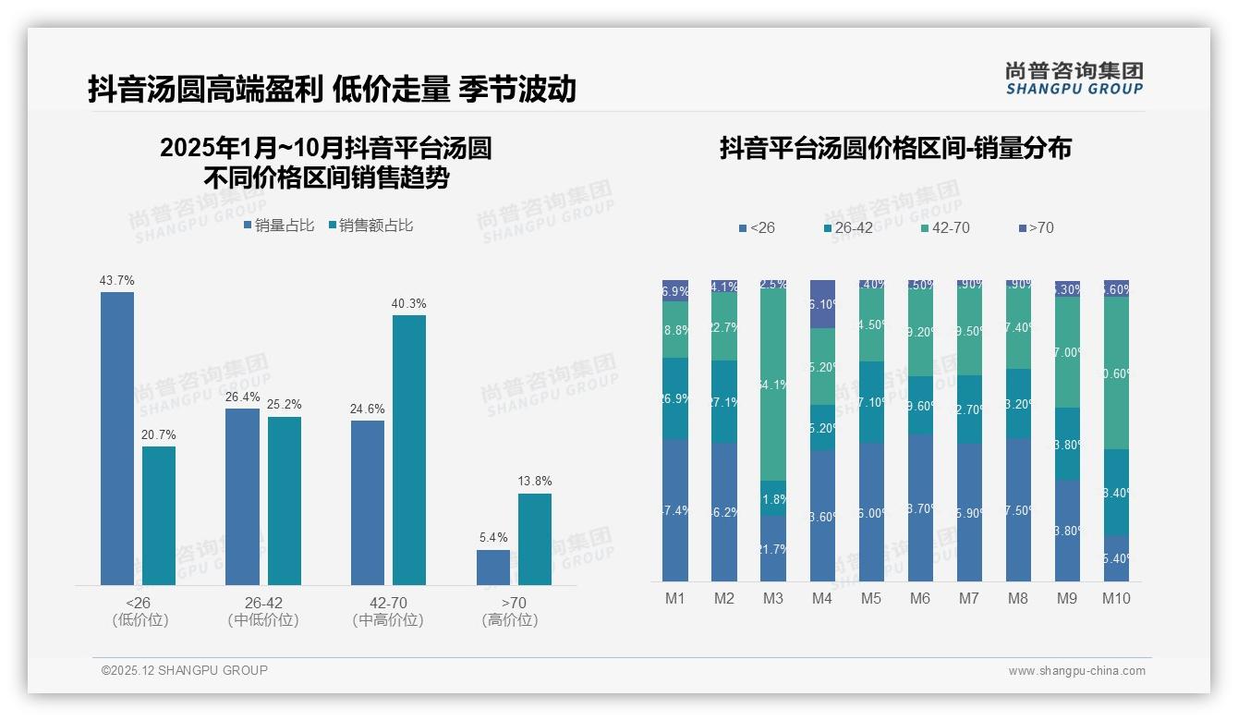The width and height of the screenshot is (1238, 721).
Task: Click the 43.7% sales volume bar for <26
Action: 117,438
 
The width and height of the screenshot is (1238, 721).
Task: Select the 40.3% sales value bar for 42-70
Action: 409,449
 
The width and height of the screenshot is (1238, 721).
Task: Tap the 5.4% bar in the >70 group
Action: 492,568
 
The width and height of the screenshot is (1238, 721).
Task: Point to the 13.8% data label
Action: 535,481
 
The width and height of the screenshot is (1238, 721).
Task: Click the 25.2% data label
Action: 285,404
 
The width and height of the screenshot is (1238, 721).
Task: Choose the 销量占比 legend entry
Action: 279,226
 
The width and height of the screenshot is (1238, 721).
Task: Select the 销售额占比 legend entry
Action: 370,226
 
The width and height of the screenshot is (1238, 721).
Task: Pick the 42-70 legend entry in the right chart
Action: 944,227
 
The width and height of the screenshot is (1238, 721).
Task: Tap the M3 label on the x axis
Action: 773,598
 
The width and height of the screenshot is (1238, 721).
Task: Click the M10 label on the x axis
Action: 1116,598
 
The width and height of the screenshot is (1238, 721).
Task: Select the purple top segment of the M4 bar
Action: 822,304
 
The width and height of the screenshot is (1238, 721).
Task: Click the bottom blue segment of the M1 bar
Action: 675,510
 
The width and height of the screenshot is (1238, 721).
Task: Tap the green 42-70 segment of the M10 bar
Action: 1116,373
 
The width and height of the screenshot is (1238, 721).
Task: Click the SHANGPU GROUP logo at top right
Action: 1074,79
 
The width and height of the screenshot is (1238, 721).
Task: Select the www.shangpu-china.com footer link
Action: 1076,671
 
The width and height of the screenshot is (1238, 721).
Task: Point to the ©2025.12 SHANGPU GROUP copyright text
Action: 185,670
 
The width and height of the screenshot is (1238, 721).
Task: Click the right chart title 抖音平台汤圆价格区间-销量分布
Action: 895,148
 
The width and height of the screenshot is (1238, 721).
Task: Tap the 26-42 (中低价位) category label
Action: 263,611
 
